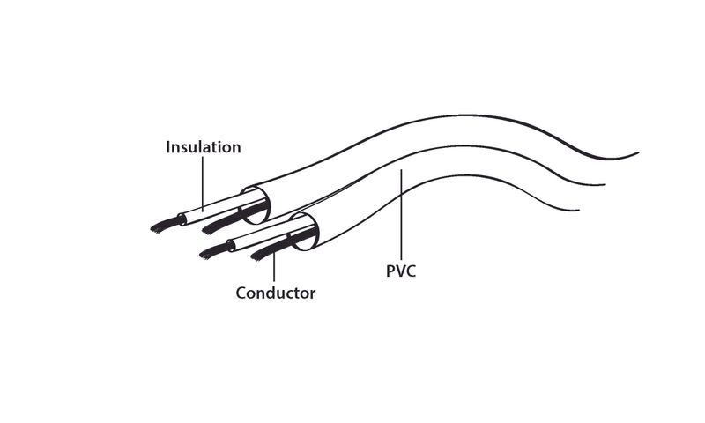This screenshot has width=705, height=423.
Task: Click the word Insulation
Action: coord(204,147)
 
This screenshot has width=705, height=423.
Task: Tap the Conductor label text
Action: coord(276,293)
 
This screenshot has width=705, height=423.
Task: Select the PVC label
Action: coord(401,271)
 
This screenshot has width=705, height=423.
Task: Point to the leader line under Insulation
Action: coord(203,183)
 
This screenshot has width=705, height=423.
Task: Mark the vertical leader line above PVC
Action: coord(401,215)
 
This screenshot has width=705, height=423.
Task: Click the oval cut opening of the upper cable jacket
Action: coord(256,205)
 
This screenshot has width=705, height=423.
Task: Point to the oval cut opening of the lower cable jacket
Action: coord(304,232)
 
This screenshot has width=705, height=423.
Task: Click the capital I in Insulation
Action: coord(168,147)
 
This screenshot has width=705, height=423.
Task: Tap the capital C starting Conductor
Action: coord(241,293)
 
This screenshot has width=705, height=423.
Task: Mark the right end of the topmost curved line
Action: coord(638,152)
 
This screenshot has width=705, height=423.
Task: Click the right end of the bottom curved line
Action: coord(579,210)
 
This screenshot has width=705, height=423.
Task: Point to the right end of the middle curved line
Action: coord(605,184)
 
